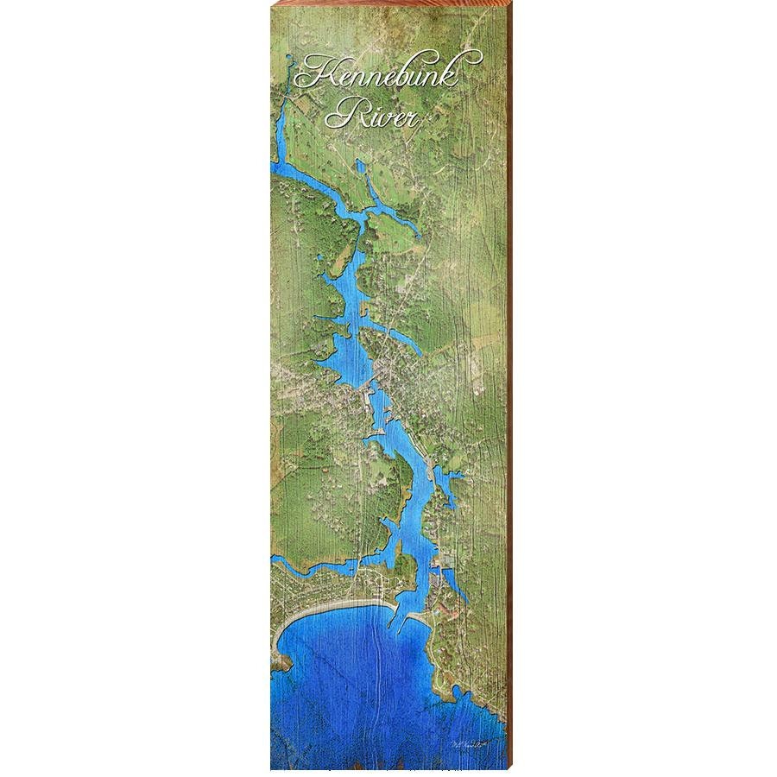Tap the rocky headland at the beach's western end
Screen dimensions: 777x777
(281, 660)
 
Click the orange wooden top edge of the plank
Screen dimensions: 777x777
(388, 3)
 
